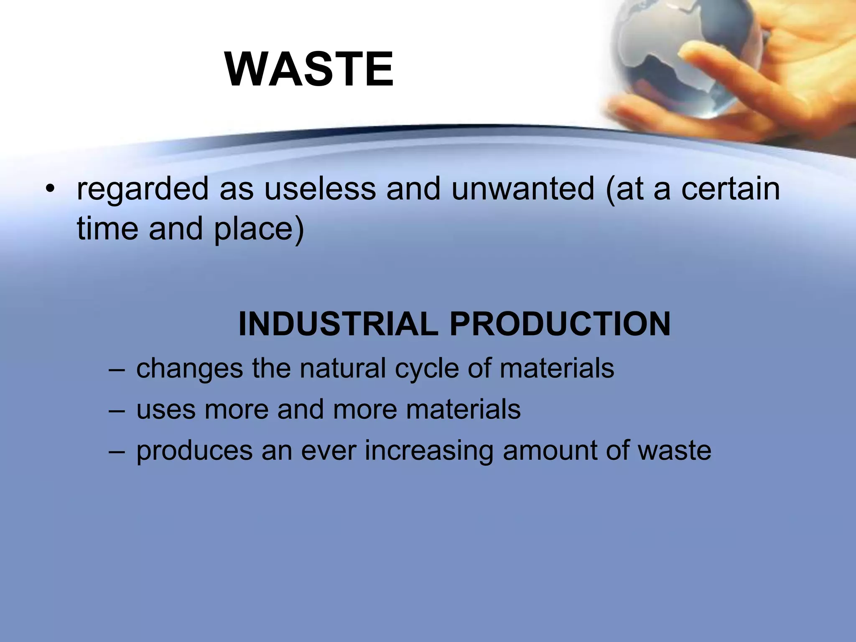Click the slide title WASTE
point(309,69)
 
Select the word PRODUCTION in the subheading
point(560,324)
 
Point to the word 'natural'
point(343,369)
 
